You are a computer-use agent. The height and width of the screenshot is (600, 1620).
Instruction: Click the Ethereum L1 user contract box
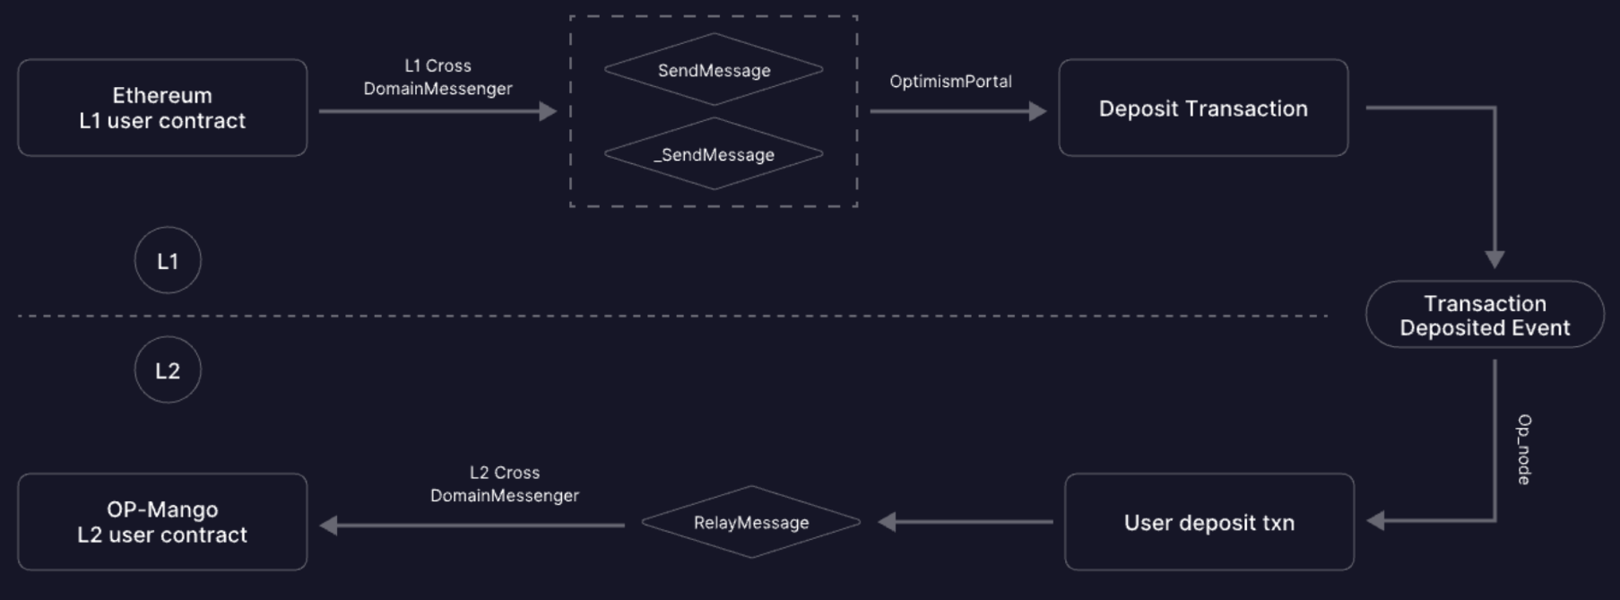(162, 108)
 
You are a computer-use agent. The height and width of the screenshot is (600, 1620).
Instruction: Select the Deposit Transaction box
(1203, 108)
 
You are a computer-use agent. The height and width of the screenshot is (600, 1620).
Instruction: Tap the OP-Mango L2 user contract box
(162, 522)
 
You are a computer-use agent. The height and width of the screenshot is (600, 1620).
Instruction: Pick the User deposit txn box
(1209, 522)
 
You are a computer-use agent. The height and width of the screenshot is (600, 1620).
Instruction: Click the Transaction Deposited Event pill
(1485, 315)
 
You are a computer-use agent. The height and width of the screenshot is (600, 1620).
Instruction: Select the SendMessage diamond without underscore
(714, 70)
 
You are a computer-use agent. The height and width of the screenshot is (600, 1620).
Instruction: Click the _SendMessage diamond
(714, 154)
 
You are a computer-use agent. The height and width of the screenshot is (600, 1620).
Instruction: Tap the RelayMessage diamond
(751, 522)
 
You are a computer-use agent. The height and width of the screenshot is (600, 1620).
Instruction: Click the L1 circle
(168, 260)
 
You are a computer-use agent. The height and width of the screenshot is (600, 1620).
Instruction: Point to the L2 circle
(168, 370)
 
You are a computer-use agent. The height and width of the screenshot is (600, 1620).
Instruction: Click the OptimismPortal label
(950, 82)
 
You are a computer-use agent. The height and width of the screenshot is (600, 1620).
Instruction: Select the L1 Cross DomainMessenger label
(437, 77)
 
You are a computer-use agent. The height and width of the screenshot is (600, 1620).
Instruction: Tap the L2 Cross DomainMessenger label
(505, 484)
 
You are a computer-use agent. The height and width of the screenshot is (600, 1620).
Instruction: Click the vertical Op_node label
(1524, 449)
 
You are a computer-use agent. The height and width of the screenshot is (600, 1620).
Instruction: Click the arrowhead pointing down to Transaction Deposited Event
(1494, 260)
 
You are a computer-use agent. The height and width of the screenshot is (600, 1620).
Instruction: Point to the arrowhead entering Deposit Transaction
(1038, 111)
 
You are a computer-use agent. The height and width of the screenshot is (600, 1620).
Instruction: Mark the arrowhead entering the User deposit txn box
(1375, 521)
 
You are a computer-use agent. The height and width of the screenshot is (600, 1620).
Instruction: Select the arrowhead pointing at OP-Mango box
(329, 526)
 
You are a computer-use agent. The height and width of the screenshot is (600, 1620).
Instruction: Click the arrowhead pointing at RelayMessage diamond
(887, 522)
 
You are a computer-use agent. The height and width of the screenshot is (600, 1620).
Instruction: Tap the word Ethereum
(162, 95)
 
